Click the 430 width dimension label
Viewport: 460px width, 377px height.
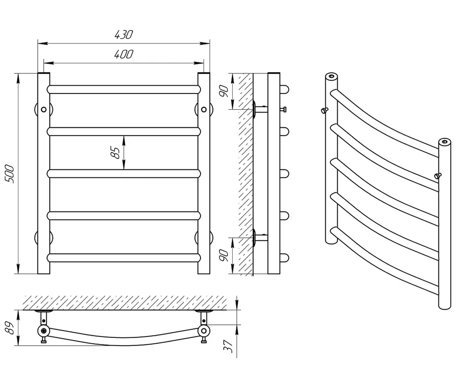(123, 35)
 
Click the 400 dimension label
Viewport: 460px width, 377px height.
(123, 54)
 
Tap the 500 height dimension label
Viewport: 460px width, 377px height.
(10, 174)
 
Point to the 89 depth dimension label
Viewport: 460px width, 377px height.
(10, 328)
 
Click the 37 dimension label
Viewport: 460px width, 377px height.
(228, 346)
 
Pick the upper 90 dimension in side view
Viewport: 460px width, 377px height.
(224, 91)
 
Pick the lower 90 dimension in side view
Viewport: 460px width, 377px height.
(224, 255)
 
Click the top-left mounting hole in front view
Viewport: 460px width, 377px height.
(44, 110)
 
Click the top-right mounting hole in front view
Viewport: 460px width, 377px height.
(204, 110)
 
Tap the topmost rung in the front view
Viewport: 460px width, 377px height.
(124, 89)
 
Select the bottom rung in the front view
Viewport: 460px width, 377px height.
(124, 258)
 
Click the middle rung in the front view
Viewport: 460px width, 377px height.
(124, 174)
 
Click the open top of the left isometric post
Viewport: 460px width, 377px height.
(331, 77)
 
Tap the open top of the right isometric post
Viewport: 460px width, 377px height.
(444, 141)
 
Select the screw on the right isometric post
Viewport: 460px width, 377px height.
(438, 176)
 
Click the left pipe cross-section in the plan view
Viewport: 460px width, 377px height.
(44, 331)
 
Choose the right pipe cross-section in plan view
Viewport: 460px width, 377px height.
(204, 331)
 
